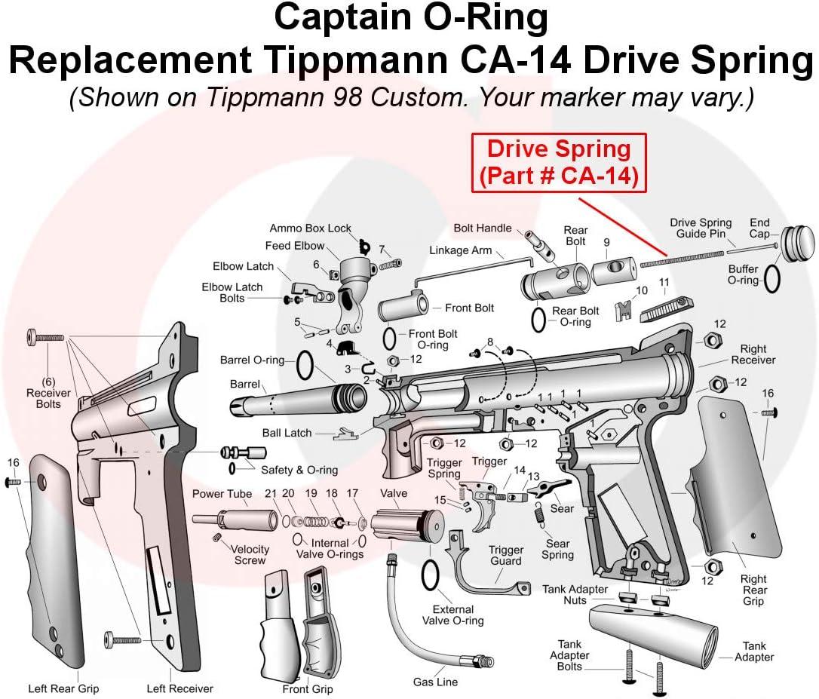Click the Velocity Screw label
pyautogui.click(x=250, y=555)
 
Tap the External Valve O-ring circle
pyautogui.click(x=430, y=577)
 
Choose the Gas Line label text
pyautogui.click(x=435, y=682)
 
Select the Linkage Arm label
pyautogui.click(x=460, y=250)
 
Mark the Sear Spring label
pyautogui.click(x=557, y=549)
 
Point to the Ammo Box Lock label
pyautogui.click(x=310, y=228)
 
